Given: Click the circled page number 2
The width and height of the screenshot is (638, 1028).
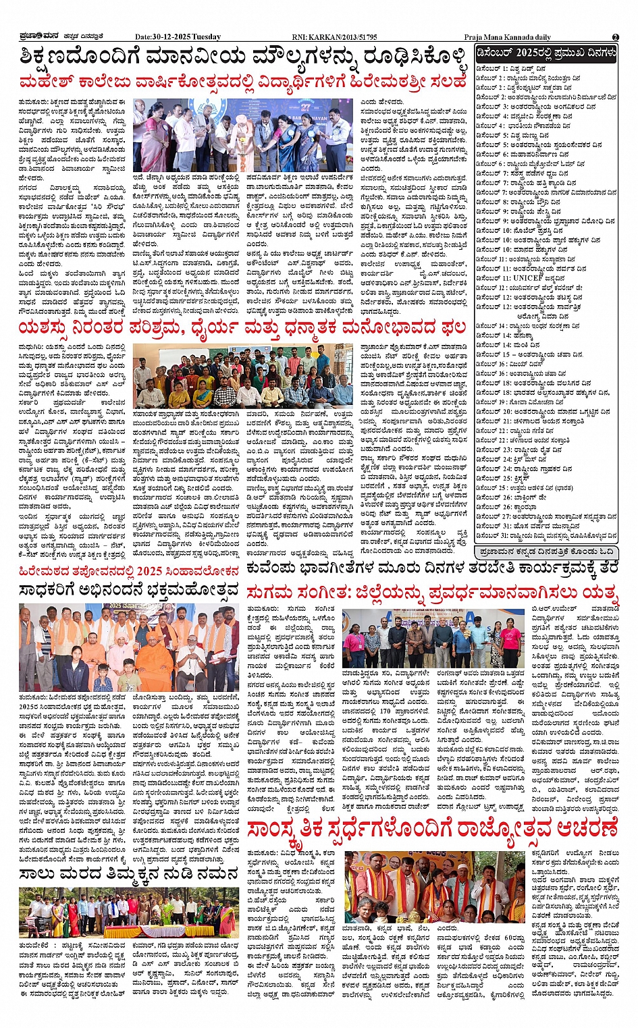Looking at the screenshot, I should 615,37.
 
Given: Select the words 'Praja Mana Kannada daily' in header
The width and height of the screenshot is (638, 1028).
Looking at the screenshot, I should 507,37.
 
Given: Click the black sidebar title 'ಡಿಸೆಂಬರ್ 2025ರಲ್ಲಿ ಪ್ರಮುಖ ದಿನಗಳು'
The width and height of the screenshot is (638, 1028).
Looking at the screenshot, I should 546,53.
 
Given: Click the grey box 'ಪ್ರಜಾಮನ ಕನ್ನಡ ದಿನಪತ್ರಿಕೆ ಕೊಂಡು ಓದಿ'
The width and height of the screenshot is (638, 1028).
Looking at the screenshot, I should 546,552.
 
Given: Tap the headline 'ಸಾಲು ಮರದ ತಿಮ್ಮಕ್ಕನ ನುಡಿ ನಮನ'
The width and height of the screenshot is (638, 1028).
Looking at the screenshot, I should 128,874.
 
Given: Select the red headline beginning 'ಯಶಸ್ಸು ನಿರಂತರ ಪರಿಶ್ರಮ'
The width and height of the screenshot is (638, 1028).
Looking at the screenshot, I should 243,328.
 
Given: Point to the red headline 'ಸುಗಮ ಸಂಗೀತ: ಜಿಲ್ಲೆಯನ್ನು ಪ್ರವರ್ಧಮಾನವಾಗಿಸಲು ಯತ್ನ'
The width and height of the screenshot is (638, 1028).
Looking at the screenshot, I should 432,592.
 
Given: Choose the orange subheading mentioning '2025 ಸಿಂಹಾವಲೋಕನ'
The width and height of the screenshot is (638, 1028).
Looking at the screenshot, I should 128,571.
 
